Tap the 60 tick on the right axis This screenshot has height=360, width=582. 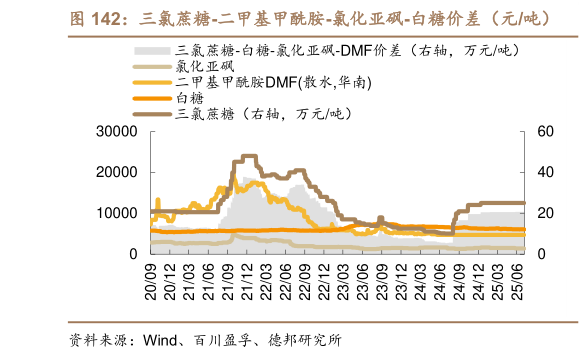545,132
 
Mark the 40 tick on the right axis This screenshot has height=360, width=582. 545,173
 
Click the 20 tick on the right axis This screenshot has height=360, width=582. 545,214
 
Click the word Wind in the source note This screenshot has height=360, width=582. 163,339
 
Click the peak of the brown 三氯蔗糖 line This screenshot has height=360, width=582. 247,157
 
